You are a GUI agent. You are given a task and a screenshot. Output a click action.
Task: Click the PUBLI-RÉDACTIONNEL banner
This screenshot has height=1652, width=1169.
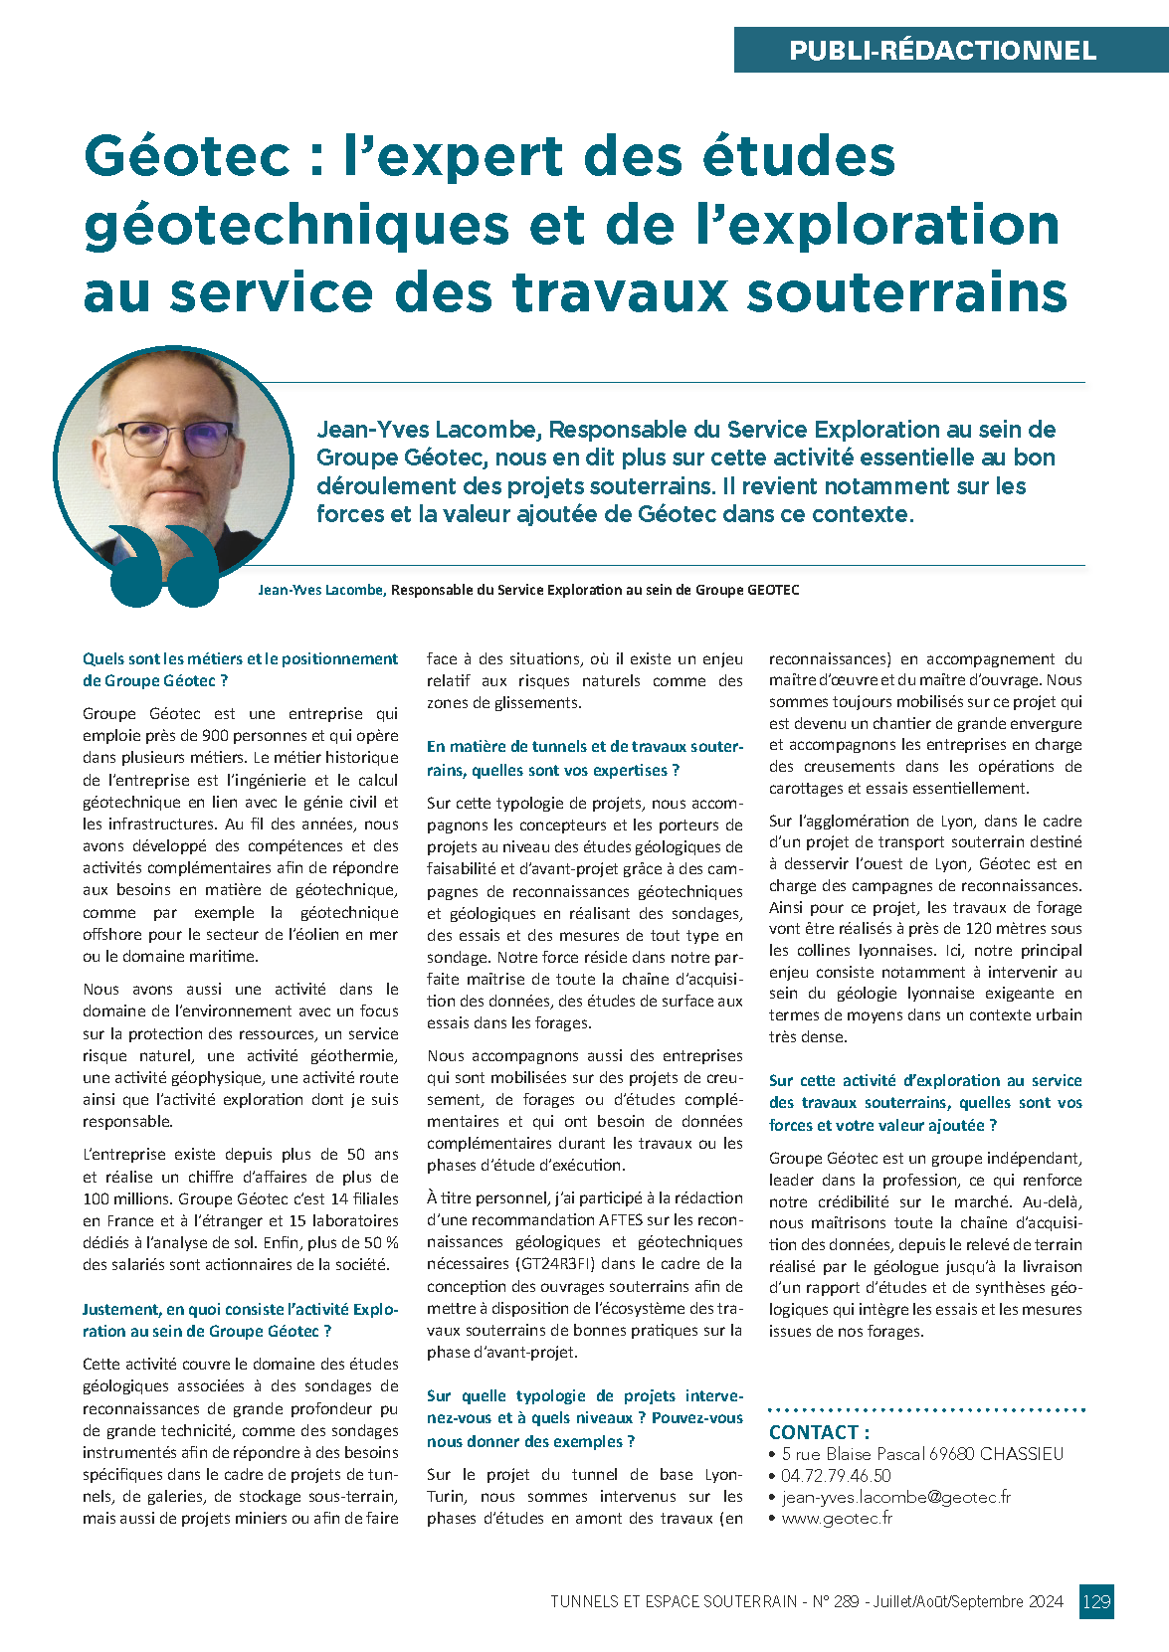[x=942, y=50]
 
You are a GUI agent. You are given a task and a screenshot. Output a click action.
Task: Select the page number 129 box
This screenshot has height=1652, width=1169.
[x=1096, y=1601]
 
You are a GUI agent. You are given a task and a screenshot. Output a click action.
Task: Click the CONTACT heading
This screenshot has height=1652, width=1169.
[x=819, y=1432]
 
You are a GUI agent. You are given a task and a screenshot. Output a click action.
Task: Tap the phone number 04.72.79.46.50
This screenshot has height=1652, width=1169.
[x=836, y=1476]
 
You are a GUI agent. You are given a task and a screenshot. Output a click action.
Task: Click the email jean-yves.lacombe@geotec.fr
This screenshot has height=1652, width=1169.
[x=895, y=1497]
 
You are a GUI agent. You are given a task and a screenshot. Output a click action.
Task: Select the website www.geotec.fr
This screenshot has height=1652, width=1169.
[x=837, y=1519]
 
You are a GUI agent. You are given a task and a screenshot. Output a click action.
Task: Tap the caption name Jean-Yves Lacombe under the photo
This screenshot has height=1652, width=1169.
[x=320, y=590]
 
